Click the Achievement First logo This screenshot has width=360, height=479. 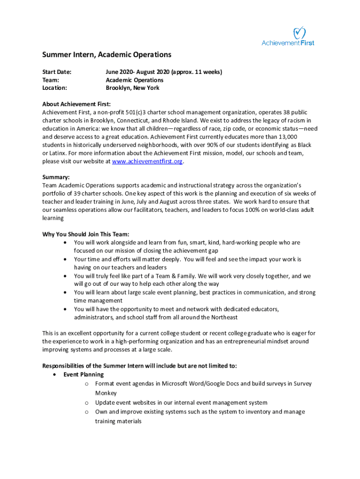pos(288,36)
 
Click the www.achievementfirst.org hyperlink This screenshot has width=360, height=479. pos(147,161)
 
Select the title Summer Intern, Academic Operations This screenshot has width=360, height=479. pos(107,55)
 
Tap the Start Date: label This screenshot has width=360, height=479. pos(57,72)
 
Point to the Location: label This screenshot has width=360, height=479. pos(55,88)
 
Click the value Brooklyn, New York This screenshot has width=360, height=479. pos(132,88)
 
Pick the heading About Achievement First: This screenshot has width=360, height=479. pos(76,104)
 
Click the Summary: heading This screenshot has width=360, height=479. pos(56,177)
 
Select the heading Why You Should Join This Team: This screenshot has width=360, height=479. pos(86,234)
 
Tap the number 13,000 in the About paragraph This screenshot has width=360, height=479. pos(284,137)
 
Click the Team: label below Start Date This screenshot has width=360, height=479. pos(50,80)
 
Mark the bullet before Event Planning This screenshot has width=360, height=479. pos(56,375)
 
